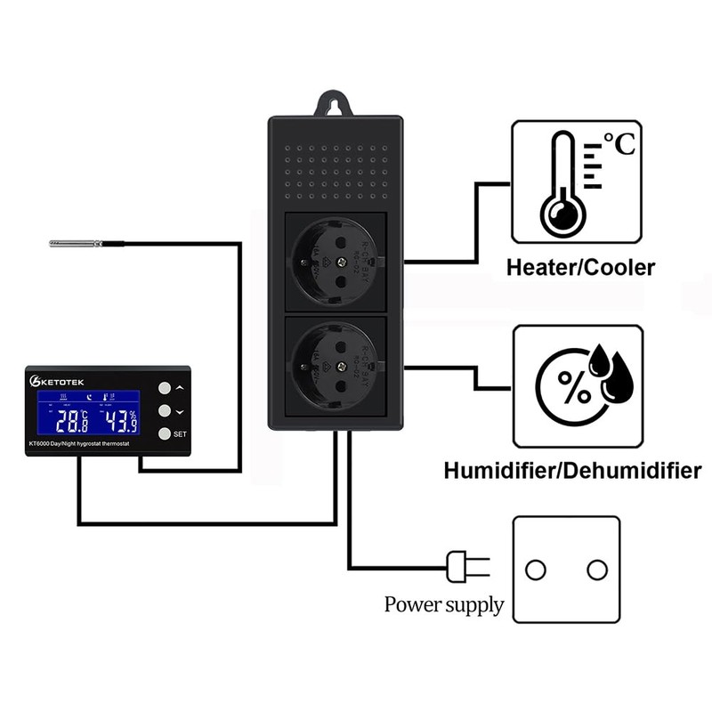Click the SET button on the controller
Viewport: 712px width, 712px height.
coord(164,433)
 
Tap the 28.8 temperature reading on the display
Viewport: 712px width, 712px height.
coord(72,420)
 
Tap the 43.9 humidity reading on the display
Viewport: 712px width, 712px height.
coord(119,420)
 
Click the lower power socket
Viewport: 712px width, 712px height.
coord(336,366)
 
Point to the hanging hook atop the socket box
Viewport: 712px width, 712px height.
coord(336,103)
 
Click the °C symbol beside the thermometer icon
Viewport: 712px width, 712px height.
coord(619,143)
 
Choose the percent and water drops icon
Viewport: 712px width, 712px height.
coord(578,384)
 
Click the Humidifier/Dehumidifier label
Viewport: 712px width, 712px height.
coord(572,470)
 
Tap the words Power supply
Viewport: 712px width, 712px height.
coord(444,606)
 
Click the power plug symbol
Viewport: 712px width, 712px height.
coord(467,565)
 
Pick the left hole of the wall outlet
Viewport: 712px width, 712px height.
coord(536,568)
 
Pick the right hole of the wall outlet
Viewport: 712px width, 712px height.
coord(597,568)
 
